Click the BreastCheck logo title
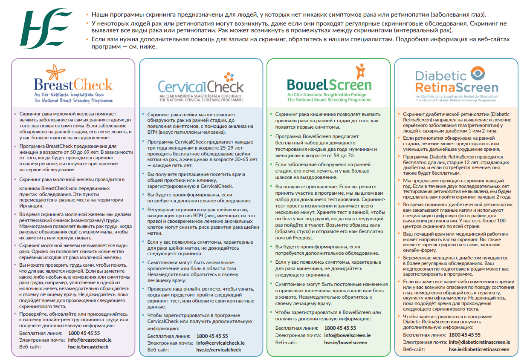(73, 84)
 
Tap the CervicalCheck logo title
(201, 86)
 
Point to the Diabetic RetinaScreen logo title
(456, 82)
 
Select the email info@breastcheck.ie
(90, 340)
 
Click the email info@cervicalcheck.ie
(220, 343)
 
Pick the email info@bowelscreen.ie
(348, 335)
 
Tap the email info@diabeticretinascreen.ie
(479, 342)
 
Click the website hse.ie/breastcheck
(88, 347)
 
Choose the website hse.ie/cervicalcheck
(218, 350)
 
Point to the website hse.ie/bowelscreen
(345, 342)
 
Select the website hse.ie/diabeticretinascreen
(479, 349)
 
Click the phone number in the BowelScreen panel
(340, 328)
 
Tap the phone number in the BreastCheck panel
(84, 333)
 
